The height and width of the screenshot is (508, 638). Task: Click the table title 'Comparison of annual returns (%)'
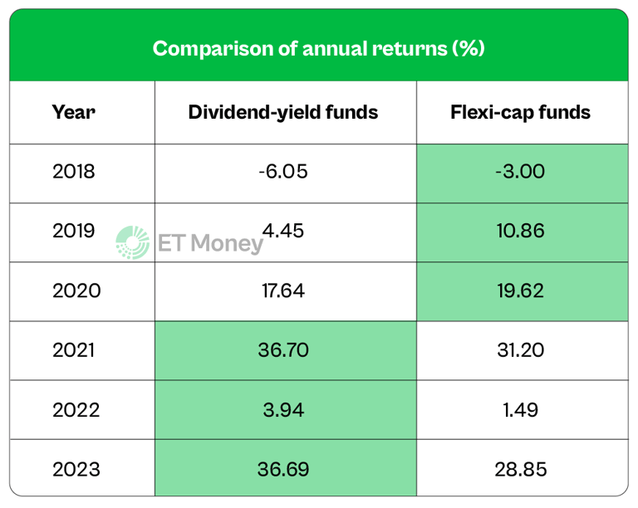tap(318, 48)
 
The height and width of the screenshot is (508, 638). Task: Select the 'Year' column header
tap(74, 112)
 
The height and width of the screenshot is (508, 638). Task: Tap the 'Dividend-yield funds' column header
tap(283, 112)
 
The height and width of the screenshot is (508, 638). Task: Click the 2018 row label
tap(74, 172)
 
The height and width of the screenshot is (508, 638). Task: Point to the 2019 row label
tap(74, 231)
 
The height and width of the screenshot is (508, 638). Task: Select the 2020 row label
tap(76, 291)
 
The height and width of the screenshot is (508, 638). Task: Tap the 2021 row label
tap(74, 350)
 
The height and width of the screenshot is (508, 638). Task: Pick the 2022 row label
tap(76, 410)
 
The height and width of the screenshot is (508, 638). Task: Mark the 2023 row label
tap(76, 469)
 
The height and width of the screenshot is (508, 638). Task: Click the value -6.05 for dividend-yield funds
tap(283, 172)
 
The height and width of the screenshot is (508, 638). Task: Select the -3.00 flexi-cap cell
tap(523, 172)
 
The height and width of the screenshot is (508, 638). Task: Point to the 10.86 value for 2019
tap(523, 231)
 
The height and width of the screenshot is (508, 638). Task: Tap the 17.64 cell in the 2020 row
tap(283, 291)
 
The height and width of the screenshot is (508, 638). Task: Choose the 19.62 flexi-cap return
tap(523, 291)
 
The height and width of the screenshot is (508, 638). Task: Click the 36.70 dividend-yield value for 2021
tap(283, 350)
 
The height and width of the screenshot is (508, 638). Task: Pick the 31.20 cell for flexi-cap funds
tap(523, 350)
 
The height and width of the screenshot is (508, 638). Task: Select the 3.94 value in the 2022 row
tap(283, 410)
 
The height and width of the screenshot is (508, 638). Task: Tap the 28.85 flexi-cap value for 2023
tap(523, 469)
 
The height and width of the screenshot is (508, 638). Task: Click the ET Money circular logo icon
tap(133, 242)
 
